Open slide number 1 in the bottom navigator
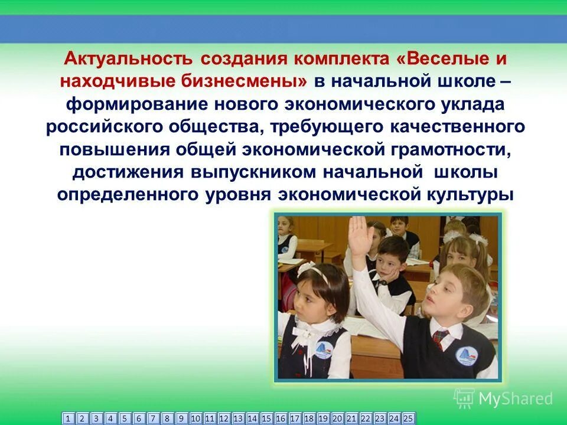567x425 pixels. click(68, 419)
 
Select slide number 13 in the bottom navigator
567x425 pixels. click(238, 419)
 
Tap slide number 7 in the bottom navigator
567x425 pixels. click(153, 419)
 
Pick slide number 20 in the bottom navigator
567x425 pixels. click(337, 419)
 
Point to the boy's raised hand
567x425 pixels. click(358, 233)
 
